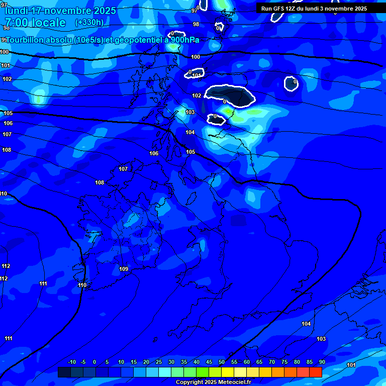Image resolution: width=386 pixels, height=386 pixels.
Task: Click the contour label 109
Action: [x=124, y=269]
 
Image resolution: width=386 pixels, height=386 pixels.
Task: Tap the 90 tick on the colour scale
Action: [x=322, y=362]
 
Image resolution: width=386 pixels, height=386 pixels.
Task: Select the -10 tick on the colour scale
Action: [x=72, y=362]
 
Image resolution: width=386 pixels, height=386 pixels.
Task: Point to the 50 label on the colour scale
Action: [x=222, y=362]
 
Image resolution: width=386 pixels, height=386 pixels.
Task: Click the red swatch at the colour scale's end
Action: [x=316, y=372]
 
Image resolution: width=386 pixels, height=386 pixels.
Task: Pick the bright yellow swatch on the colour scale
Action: [x=228, y=372]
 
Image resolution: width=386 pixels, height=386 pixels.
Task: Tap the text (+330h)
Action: [x=89, y=23]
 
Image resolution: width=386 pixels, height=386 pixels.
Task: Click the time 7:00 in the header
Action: [x=17, y=23]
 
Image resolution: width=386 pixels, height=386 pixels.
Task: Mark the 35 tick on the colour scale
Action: [x=184, y=362]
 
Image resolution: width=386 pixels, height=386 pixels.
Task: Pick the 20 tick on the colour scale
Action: [x=146, y=362]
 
